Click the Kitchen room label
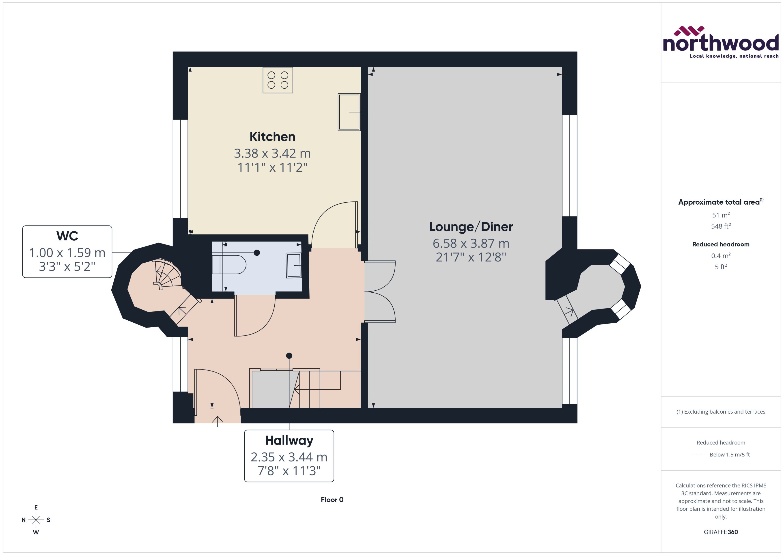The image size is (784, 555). click(x=272, y=137)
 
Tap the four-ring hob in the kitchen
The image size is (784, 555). click(x=278, y=80)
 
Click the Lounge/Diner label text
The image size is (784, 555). click(x=471, y=227)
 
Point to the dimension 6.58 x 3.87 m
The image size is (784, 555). click(x=471, y=243)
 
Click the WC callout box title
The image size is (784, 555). click(x=67, y=236)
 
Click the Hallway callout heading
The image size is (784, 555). click(x=289, y=441)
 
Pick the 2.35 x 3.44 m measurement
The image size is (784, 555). click(x=289, y=457)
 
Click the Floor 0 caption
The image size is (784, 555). click(x=332, y=500)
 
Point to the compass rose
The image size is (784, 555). click(x=36, y=520)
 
